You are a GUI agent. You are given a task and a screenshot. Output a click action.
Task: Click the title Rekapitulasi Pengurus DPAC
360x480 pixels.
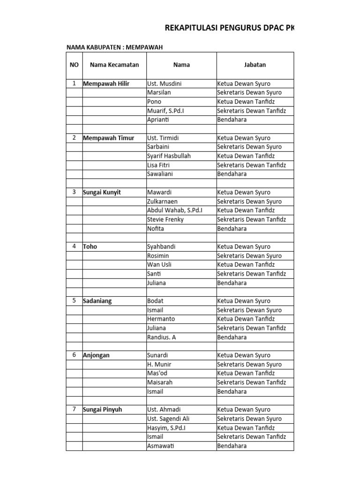[229, 29]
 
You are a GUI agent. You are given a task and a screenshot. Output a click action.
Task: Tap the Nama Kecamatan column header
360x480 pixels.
[114, 65]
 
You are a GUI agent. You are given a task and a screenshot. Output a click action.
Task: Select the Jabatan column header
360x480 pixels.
[255, 65]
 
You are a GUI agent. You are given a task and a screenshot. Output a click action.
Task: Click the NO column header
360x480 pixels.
[74, 65]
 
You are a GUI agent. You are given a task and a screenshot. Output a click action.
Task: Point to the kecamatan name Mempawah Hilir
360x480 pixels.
[106, 84]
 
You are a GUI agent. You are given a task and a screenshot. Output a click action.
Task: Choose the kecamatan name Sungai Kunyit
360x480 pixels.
[102, 193]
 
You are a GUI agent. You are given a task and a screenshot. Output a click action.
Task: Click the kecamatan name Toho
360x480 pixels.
[90, 247]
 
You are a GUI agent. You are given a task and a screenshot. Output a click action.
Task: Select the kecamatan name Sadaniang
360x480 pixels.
[97, 301]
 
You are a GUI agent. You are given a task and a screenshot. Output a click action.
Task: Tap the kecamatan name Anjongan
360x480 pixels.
[96, 355]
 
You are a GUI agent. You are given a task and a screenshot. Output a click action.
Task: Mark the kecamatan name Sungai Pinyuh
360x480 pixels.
[102, 410]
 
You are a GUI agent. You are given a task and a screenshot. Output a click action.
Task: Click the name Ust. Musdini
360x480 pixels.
[164, 84]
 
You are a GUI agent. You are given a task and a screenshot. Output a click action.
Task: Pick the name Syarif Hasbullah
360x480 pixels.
[169, 156]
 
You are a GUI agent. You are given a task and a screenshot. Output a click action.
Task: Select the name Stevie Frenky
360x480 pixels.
[165, 219]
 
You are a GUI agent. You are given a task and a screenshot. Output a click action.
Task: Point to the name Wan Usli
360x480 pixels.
[158, 265]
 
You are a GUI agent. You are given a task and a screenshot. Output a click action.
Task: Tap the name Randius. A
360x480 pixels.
[162, 337]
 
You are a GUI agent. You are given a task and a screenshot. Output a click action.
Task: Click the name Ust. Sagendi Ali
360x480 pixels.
[168, 419]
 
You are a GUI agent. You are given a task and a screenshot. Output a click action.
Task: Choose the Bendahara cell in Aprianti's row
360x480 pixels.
[232, 120]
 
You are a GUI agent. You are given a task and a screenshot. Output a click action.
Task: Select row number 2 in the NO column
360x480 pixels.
[74, 138]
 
